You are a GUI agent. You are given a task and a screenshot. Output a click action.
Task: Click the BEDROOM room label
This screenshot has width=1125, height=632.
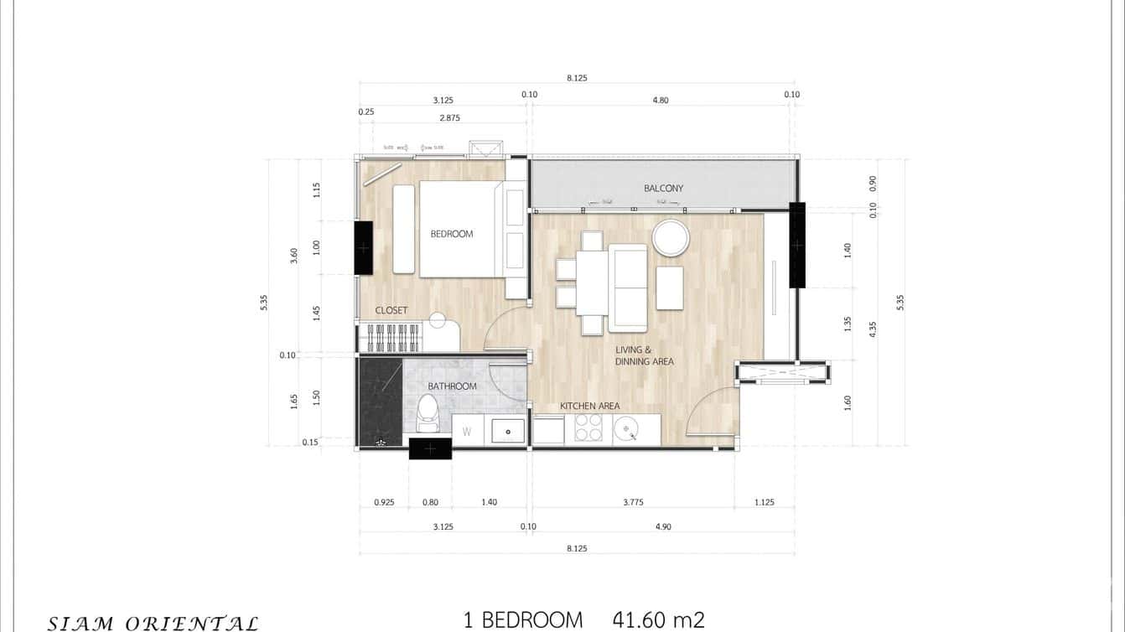pyautogui.click(x=452, y=234)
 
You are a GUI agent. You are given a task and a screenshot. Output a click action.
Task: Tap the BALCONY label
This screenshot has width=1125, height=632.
pyautogui.click(x=663, y=189)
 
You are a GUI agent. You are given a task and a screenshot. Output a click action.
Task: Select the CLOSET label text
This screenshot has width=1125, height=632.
pyautogui.click(x=391, y=310)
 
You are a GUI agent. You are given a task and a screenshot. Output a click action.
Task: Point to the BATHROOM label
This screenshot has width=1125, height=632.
pyautogui.click(x=452, y=386)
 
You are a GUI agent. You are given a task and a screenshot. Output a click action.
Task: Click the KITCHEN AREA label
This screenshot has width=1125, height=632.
pyautogui.click(x=590, y=406)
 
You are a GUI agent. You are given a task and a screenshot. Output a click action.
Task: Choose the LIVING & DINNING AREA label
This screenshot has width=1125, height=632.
pyautogui.click(x=645, y=355)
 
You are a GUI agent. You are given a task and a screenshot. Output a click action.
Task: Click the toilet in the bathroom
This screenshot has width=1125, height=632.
pyautogui.click(x=428, y=411)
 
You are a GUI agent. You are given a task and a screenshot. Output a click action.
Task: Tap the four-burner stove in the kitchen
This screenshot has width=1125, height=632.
pyautogui.click(x=589, y=430)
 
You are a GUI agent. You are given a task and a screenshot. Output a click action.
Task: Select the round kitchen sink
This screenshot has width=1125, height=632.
pyautogui.click(x=626, y=430)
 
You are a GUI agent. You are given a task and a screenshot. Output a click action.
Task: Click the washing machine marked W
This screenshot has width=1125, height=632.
pyautogui.click(x=467, y=432)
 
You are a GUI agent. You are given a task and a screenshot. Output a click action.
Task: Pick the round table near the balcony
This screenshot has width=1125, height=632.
pyautogui.click(x=671, y=237)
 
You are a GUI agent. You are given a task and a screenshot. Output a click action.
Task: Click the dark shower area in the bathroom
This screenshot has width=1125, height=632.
pyautogui.click(x=380, y=401)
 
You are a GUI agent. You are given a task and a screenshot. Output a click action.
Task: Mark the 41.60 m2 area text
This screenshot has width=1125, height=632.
pyautogui.click(x=658, y=620)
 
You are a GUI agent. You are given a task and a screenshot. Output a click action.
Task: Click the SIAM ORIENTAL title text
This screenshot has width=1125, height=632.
pyautogui.click(x=153, y=623)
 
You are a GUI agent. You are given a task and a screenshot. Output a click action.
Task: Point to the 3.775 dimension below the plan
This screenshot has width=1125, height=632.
pyautogui.click(x=634, y=502)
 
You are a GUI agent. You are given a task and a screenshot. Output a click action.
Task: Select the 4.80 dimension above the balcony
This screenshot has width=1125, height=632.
pyautogui.click(x=661, y=100)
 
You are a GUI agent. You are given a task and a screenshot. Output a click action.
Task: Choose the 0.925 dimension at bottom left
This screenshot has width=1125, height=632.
pyautogui.click(x=384, y=502)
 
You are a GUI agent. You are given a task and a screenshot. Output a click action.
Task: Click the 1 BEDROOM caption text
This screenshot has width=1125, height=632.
pyautogui.click(x=523, y=620)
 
